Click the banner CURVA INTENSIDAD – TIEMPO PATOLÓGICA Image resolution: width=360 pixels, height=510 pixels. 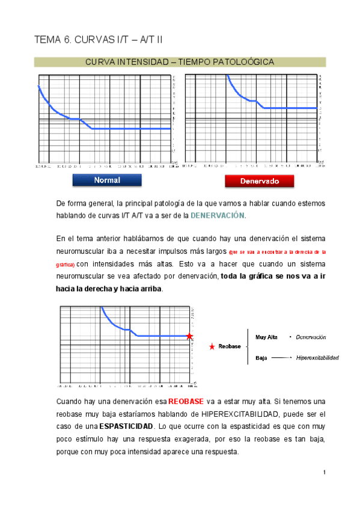click(x=180, y=62)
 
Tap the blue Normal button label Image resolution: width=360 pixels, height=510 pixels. click(x=106, y=180)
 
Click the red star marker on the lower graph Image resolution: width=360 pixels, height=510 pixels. click(x=189, y=336)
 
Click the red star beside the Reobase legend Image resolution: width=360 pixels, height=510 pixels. click(x=212, y=347)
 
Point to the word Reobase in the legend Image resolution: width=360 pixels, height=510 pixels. click(x=230, y=347)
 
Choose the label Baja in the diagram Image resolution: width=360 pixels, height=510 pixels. click(x=261, y=358)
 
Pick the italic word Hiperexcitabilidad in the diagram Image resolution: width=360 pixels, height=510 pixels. click(x=317, y=358)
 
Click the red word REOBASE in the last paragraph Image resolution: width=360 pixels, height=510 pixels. click(x=186, y=401)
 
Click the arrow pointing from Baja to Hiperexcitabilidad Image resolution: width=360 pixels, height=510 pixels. click(x=281, y=358)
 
